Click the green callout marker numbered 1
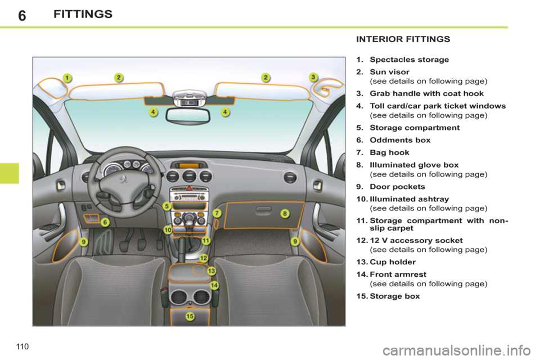click(x=66, y=78)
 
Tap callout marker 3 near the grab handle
click(x=314, y=77)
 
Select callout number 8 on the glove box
click(x=285, y=213)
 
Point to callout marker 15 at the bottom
click(x=190, y=317)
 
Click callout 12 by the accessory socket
click(x=204, y=258)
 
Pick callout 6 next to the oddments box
click(x=105, y=222)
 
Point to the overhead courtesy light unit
click(x=188, y=98)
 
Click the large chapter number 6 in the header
click(x=21, y=15)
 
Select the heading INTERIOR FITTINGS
click(x=403, y=39)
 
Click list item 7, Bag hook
click(x=390, y=152)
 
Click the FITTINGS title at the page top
click(x=83, y=14)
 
